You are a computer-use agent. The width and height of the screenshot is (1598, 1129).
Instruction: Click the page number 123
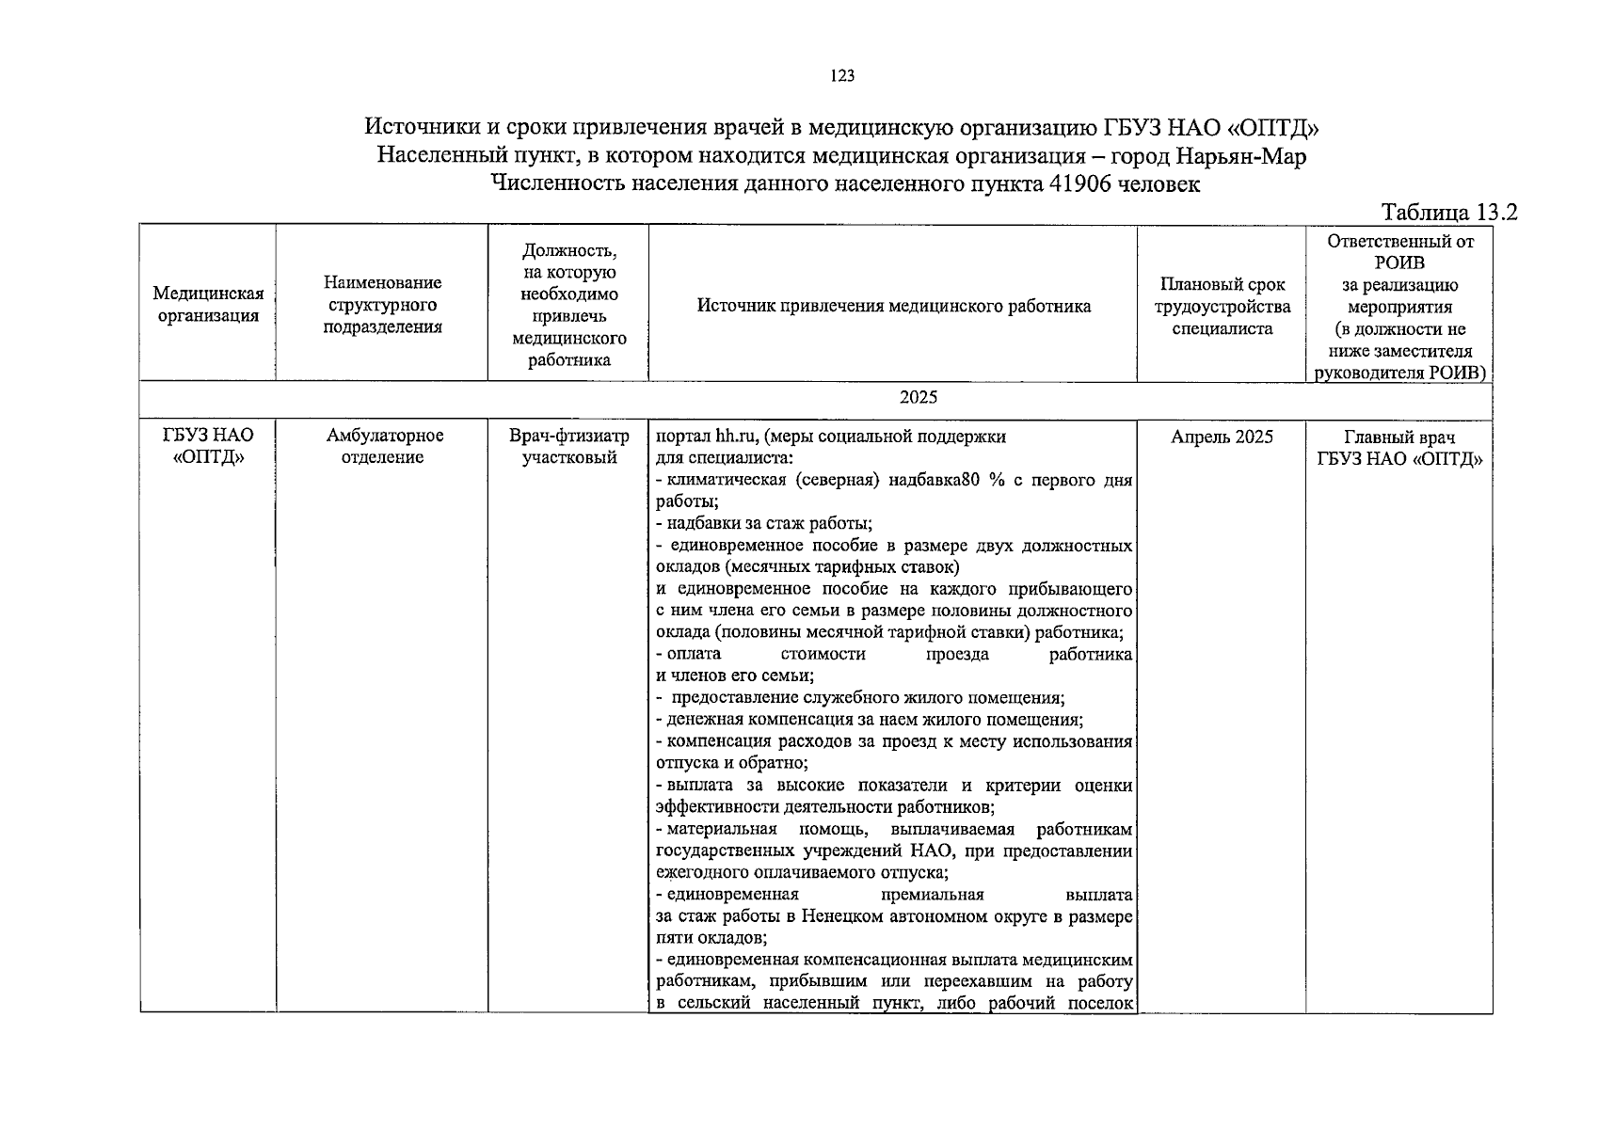tap(842, 77)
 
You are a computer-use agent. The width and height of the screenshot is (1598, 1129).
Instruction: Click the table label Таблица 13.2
tap(1449, 212)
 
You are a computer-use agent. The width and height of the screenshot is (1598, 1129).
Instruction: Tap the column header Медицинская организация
tap(208, 305)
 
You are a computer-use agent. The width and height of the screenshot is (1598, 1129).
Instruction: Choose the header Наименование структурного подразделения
tap(382, 305)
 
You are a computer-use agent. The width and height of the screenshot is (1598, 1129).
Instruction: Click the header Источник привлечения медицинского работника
tap(893, 306)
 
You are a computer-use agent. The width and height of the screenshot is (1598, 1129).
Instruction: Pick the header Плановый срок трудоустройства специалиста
tap(1222, 306)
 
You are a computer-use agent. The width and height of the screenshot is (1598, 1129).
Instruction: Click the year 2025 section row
tap(918, 397)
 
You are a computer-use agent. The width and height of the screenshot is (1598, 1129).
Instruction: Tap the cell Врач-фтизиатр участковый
tap(568, 447)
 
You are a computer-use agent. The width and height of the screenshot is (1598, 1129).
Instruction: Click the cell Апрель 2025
tap(1222, 437)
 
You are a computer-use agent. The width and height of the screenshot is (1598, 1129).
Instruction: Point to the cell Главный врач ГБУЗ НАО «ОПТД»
tap(1398, 448)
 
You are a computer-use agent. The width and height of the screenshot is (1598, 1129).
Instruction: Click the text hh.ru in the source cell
tap(735, 437)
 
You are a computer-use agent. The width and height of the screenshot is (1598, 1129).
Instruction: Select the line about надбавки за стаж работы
tap(764, 524)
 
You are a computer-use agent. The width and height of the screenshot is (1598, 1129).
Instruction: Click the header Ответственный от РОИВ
tap(1398, 251)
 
